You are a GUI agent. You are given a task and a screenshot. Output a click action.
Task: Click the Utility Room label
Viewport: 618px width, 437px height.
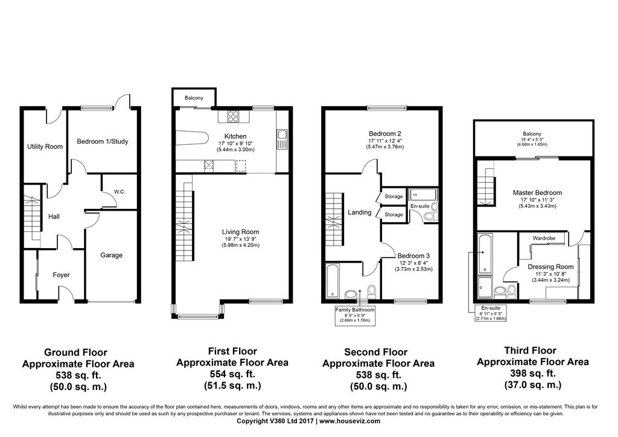click(x=45, y=147)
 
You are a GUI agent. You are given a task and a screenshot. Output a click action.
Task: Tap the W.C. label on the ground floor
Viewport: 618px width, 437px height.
click(x=119, y=192)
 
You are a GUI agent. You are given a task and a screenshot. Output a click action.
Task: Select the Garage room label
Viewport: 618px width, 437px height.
click(x=111, y=255)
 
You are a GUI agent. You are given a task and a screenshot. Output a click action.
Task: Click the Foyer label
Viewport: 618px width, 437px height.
click(x=61, y=275)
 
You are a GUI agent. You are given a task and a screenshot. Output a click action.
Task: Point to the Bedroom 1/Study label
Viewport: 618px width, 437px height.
click(x=103, y=142)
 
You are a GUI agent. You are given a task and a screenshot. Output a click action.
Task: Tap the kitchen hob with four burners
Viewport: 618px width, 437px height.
click(x=234, y=117)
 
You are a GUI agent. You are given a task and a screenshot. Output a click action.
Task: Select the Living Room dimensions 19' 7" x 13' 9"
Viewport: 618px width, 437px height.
click(x=240, y=240)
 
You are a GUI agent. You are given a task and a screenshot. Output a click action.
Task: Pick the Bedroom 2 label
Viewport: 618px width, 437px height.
click(x=385, y=134)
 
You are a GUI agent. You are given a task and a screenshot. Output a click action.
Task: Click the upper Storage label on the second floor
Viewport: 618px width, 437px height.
click(x=393, y=197)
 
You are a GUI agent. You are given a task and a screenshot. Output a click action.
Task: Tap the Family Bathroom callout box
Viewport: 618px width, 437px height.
click(x=355, y=316)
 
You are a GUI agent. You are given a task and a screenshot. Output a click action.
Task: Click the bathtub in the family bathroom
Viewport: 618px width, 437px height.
click(x=333, y=280)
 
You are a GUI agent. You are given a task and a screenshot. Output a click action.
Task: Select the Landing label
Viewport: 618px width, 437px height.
click(x=360, y=212)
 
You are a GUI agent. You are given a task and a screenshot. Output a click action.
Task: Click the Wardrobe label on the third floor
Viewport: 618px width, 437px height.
click(x=544, y=238)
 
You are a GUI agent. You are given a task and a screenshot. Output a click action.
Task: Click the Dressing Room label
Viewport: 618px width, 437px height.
click(x=550, y=266)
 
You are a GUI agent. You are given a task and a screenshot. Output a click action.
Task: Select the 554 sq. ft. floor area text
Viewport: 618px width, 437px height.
click(x=232, y=374)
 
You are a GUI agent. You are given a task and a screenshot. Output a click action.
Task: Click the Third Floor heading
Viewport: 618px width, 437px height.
click(x=530, y=351)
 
